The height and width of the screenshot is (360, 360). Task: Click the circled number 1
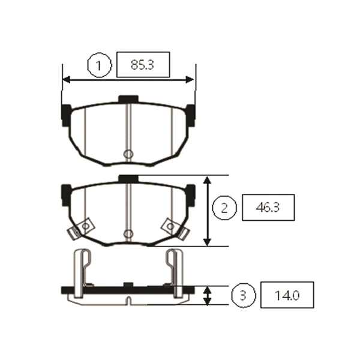pos(100,65)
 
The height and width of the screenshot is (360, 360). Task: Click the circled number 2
pos(224,208)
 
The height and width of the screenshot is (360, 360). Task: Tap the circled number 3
pos(242,295)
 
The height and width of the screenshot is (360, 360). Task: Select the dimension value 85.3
pos(143,65)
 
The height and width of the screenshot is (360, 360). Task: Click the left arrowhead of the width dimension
pos(66,79)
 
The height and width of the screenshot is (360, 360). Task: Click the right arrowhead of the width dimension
pos(191,79)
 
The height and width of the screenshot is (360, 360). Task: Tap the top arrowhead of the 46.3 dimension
pos(208,180)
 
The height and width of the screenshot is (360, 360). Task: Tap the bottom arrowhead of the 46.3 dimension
pos(208,241)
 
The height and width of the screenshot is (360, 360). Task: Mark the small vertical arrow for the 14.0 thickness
pos(208,295)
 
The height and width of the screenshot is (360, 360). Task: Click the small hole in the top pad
pos(127,154)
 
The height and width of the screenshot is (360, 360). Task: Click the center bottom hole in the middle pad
pos(127,233)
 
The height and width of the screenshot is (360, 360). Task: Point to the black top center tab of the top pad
pos(128,98)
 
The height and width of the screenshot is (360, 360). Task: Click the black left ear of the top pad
pos(66,114)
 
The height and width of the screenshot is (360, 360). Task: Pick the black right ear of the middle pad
pos(191,193)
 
